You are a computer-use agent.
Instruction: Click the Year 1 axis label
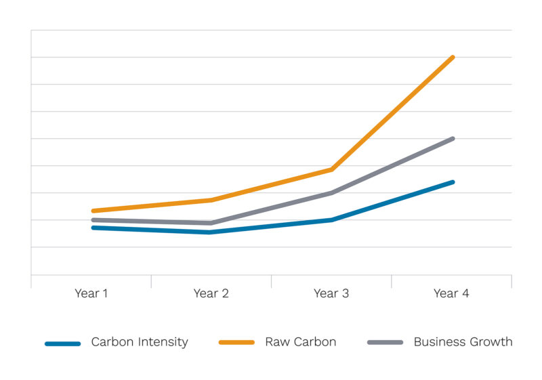[91, 293]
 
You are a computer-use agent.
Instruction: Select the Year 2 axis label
[211, 293]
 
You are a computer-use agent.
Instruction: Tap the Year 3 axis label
[331, 293]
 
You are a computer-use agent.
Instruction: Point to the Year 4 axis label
[451, 293]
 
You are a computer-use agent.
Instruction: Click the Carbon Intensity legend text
[140, 342]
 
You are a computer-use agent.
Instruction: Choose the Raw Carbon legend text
[300, 342]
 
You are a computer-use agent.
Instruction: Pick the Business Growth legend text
[463, 342]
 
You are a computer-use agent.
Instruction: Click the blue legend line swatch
[63, 343]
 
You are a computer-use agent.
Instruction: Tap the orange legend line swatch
[236, 343]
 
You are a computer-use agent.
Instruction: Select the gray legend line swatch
[385, 343]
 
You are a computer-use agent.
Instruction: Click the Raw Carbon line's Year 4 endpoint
[453, 58]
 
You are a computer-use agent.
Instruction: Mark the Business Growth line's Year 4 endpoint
[453, 139]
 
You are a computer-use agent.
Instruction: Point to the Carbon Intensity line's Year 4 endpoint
[453, 182]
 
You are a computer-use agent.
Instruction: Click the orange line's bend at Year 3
[332, 169]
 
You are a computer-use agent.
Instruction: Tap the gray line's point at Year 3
[332, 193]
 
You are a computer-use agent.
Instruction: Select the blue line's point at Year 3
[332, 219]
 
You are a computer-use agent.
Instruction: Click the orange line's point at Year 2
[211, 200]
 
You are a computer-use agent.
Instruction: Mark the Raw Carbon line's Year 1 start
[93, 211]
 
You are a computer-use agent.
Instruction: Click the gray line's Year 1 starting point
[93, 220]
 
